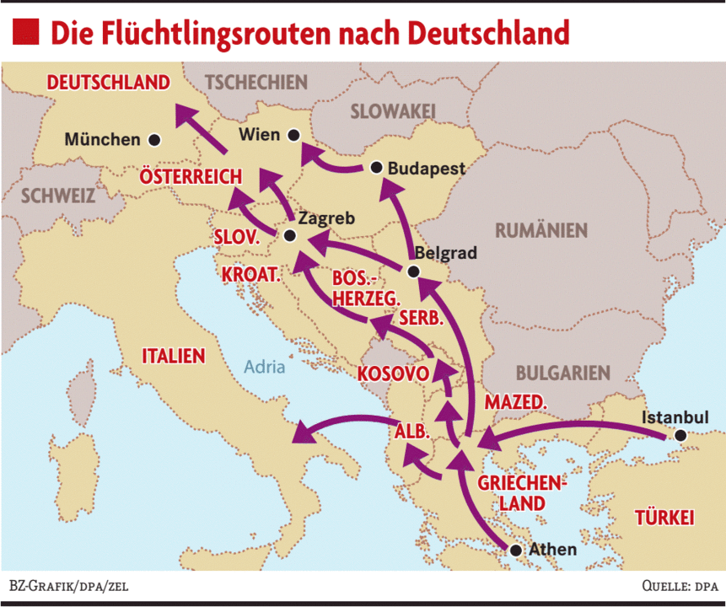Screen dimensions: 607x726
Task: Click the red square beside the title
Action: point(25,31)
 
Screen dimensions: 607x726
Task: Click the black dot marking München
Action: point(153,140)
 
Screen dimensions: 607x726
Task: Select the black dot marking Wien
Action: point(293,134)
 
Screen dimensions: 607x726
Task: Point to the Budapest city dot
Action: point(376,168)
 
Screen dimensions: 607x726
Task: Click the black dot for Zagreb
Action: point(290,236)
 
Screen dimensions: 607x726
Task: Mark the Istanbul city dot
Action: point(680,436)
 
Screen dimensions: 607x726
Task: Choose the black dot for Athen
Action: point(516,550)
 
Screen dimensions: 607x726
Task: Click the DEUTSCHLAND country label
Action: point(109,83)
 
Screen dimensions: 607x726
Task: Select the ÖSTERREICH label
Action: point(191,177)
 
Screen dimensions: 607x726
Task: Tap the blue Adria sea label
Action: point(265,367)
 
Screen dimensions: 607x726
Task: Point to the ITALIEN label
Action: point(174,356)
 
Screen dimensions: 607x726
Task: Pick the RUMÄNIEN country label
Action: point(540,230)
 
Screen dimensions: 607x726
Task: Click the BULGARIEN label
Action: point(562,373)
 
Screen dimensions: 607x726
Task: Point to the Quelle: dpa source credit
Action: point(679,585)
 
